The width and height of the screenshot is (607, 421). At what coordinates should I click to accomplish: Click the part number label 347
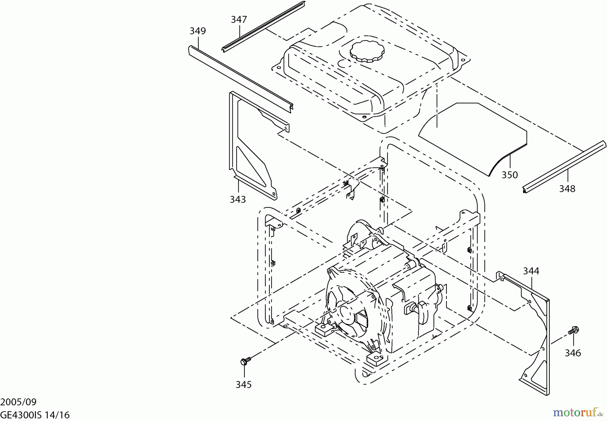pyautogui.click(x=239, y=20)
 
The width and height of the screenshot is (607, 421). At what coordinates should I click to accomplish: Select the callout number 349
pyautogui.click(x=198, y=31)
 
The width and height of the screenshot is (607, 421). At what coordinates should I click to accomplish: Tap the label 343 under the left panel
pyautogui.click(x=238, y=199)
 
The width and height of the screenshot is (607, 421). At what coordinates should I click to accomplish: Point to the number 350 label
pyautogui.click(x=510, y=175)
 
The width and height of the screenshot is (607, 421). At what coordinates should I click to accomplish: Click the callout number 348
pyautogui.click(x=567, y=189)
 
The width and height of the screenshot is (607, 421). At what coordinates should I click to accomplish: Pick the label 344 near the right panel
pyautogui.click(x=531, y=271)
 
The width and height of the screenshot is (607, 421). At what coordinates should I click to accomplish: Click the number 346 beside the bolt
pyautogui.click(x=573, y=353)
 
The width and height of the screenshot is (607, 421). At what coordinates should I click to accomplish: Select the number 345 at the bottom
pyautogui.click(x=243, y=385)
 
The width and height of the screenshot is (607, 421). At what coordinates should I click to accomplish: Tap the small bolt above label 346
pyautogui.click(x=573, y=330)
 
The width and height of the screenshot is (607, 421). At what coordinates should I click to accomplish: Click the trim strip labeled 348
pyautogui.click(x=563, y=167)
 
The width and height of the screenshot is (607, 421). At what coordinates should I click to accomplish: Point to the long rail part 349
pyautogui.click(x=239, y=78)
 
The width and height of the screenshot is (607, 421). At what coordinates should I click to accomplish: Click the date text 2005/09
pyautogui.click(x=18, y=402)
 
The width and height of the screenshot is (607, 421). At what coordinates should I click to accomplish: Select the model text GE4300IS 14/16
pyautogui.click(x=35, y=415)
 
